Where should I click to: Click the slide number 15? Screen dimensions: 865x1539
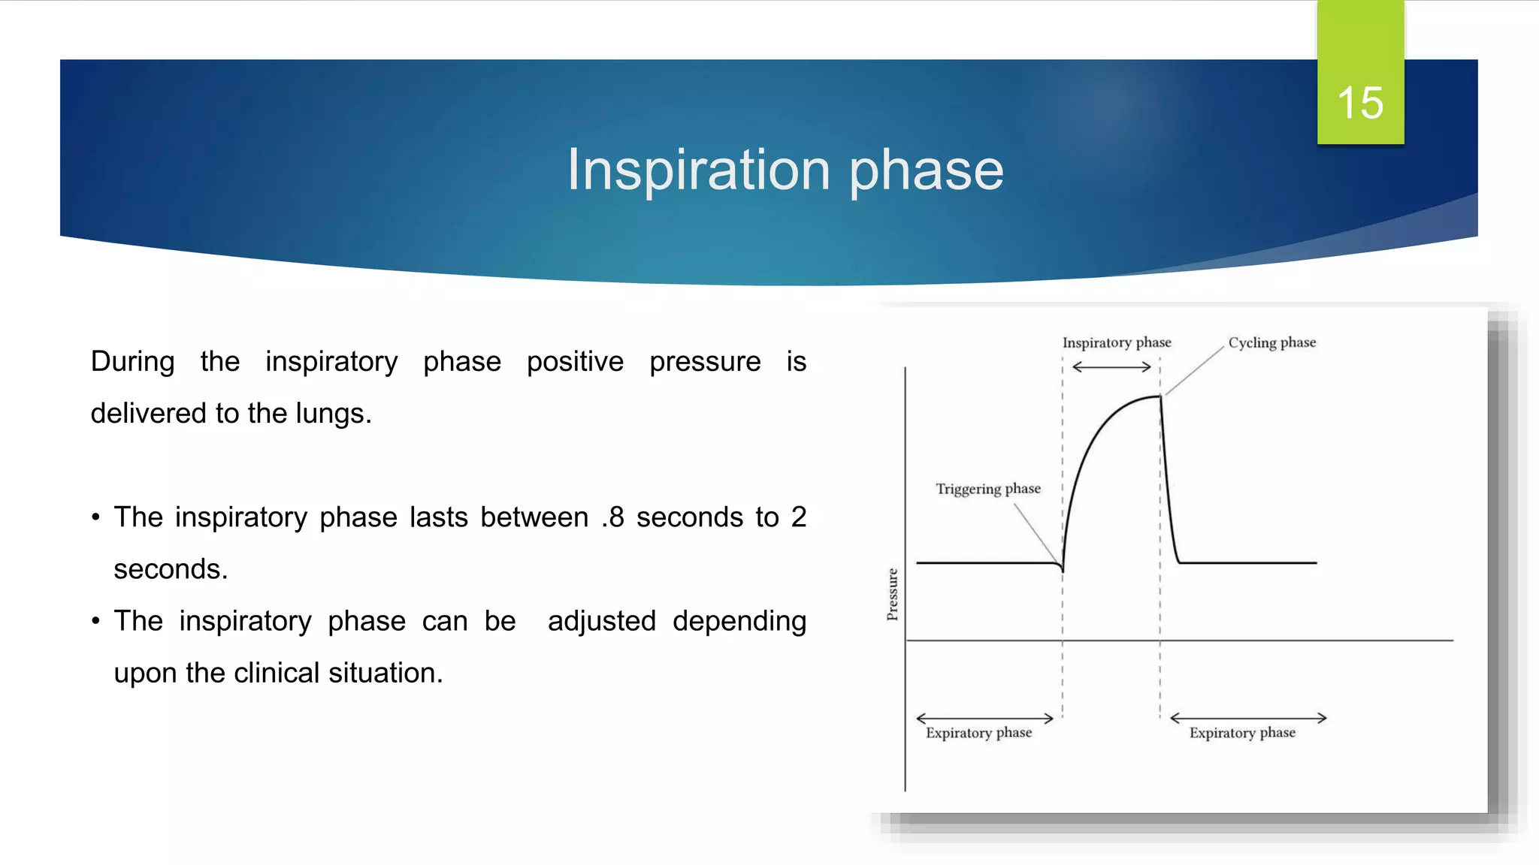click(1359, 103)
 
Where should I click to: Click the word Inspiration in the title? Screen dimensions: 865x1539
click(698, 170)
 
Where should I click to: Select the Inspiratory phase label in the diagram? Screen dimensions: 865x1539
click(1116, 342)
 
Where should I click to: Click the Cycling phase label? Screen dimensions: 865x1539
click(1271, 342)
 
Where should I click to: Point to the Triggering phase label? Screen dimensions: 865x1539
click(987, 489)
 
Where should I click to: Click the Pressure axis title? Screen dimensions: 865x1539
click(892, 594)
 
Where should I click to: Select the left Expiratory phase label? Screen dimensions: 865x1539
click(978, 733)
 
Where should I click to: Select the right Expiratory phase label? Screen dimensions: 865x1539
click(1241, 733)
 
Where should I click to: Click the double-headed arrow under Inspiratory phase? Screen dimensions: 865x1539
click(1111, 367)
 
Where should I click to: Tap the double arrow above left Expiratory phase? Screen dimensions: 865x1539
click(984, 719)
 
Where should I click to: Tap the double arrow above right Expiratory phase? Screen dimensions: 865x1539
click(1248, 719)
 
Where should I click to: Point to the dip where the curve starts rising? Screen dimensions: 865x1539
click(1063, 569)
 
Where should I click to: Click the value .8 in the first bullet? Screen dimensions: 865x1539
click(612, 517)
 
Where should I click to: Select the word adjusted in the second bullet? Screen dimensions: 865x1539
click(601, 621)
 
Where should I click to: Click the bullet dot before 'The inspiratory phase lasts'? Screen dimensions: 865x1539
click(95, 517)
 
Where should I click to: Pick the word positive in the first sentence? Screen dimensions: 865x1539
click(575, 362)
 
